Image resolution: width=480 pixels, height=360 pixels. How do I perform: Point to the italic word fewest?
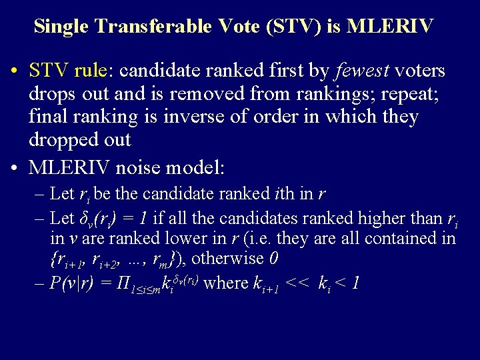click(x=363, y=71)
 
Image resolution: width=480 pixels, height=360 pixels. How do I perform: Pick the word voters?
click(x=420, y=71)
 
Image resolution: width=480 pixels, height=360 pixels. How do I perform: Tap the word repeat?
click(x=410, y=94)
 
